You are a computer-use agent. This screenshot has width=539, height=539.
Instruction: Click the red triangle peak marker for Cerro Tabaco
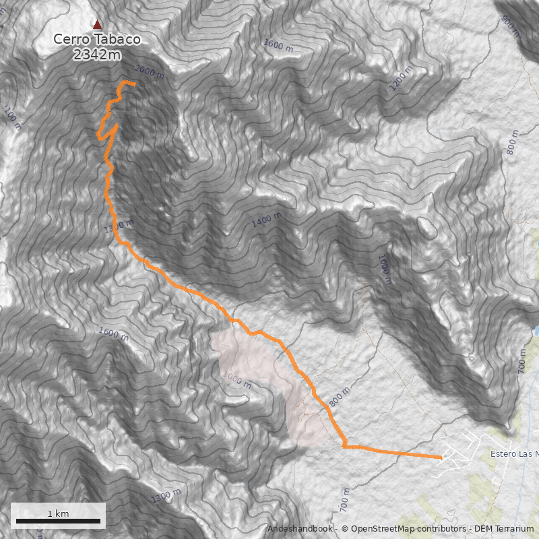[98, 24]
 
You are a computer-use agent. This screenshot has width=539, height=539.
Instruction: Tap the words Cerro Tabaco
[97, 40]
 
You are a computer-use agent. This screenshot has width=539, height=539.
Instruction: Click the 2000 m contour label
[149, 71]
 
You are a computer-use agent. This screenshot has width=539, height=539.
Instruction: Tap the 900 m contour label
[511, 26]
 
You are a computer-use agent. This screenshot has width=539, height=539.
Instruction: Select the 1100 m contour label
[11, 117]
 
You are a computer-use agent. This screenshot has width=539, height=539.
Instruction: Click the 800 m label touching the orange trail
[340, 397]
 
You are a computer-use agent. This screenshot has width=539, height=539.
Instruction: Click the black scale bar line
[58, 521]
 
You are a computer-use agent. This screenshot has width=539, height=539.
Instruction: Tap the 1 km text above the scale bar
[58, 513]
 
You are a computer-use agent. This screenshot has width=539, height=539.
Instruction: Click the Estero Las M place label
[515, 453]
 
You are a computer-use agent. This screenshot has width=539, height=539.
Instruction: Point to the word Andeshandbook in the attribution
[300, 530]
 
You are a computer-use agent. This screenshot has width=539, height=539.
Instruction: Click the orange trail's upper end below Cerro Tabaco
[134, 84]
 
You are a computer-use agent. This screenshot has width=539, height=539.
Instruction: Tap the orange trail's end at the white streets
[441, 457]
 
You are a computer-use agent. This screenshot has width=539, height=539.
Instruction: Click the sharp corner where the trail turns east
[344, 445]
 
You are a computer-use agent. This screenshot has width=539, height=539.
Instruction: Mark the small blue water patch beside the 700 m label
[536, 331]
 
